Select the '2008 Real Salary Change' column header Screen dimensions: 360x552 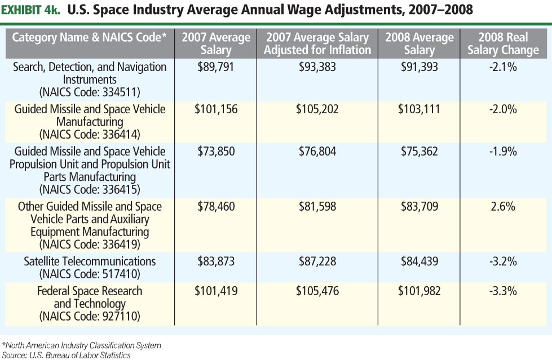[503, 43]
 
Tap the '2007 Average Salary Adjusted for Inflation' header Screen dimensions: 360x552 [317, 43]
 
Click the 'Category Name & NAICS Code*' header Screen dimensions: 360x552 [90, 38]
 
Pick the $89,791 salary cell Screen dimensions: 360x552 [216, 67]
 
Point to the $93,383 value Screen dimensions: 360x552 [317, 67]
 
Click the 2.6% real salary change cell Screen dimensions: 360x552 [503, 207]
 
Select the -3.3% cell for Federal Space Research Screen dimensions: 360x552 [503, 291]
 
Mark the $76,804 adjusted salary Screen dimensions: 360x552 [317, 152]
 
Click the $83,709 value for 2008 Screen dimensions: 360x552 [419, 207]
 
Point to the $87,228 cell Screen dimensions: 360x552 [317, 261]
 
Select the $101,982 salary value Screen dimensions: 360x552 [419, 291]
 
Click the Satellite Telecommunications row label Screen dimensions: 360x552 [90, 261]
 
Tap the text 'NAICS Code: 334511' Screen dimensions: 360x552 [90, 92]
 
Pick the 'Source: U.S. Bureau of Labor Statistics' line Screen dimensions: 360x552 [67, 355]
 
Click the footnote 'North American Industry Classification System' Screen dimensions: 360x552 [82, 345]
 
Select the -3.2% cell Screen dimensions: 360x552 [503, 261]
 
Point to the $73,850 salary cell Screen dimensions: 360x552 [216, 152]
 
